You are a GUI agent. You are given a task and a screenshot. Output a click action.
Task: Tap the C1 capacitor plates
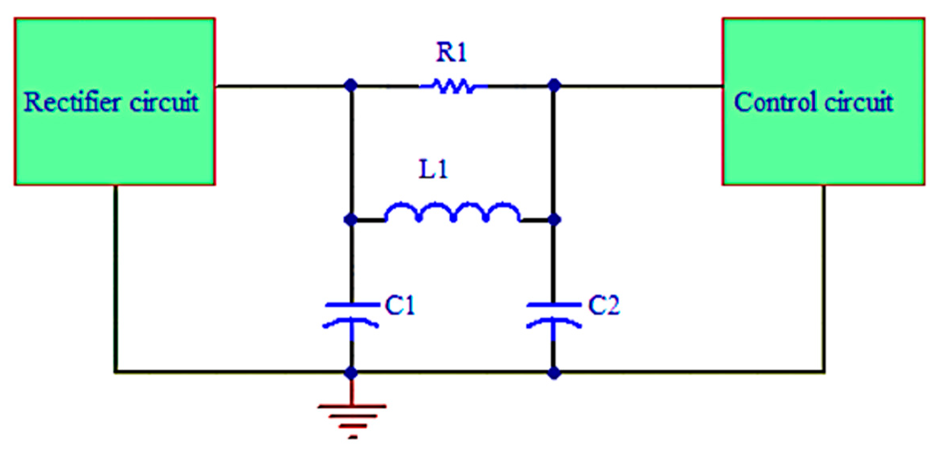[x=351, y=315]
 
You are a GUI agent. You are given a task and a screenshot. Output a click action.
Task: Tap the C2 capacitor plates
[x=554, y=315]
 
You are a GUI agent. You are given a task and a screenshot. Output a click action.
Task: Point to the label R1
[x=451, y=52]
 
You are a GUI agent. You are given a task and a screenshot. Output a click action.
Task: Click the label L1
[x=433, y=169]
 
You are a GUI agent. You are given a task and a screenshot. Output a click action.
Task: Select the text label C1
[x=400, y=306]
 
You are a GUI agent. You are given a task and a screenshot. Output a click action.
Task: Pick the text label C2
[x=604, y=306]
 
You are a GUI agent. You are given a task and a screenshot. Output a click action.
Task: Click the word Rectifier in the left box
[x=72, y=102]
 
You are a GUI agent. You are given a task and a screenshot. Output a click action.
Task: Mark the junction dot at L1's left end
[x=351, y=220]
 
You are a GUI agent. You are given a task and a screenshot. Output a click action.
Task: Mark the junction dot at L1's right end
[x=554, y=220]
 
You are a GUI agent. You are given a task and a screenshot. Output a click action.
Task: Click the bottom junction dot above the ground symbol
[x=351, y=373]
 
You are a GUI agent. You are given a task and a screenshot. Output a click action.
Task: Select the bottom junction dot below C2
[x=554, y=373]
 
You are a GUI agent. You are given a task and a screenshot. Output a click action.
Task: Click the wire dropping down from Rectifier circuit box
[x=116, y=279]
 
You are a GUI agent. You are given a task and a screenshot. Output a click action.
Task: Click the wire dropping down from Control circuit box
[x=824, y=279]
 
